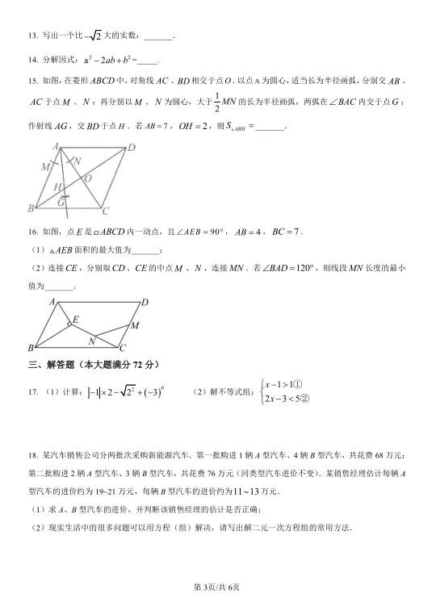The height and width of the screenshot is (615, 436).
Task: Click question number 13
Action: pyautogui.click(x=32, y=36)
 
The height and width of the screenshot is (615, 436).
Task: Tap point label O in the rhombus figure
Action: pyautogui.click(x=87, y=178)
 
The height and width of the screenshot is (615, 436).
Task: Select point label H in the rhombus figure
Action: pyautogui.click(x=59, y=187)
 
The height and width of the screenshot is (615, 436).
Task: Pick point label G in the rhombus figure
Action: pyautogui.click(x=61, y=203)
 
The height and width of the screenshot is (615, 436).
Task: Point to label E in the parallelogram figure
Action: pyautogui.click(x=74, y=320)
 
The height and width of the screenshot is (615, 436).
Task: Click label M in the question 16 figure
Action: pyautogui.click(x=135, y=325)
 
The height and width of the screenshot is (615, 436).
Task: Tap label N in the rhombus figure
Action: pyautogui.click(x=77, y=161)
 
